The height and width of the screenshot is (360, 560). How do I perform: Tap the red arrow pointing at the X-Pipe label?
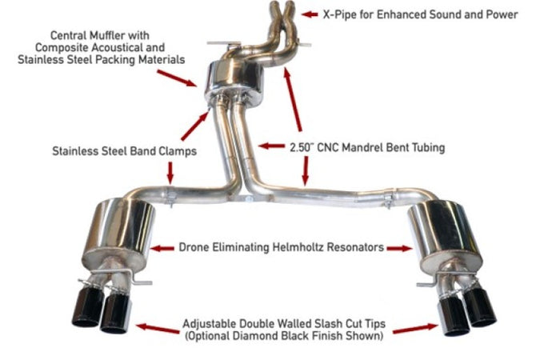310,14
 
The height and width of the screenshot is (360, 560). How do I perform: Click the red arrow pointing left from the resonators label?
162,249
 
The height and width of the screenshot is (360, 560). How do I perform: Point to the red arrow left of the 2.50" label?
270,147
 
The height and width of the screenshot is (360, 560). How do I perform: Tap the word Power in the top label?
500,14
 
